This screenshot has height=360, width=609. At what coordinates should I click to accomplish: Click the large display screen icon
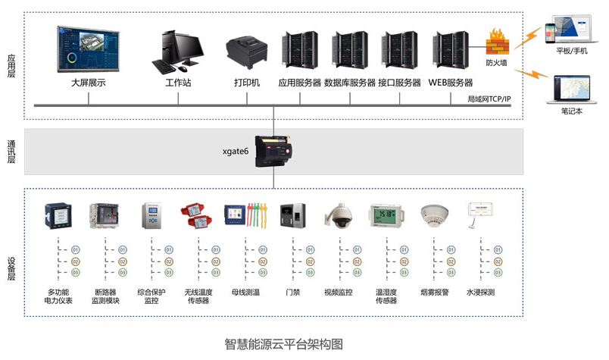tap(88, 49)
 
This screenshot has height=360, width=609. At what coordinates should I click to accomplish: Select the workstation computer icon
tap(178, 52)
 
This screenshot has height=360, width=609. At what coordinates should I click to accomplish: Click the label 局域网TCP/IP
tap(489, 99)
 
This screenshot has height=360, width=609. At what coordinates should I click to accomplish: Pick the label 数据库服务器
tap(350, 83)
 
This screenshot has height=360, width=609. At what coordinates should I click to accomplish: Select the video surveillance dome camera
tap(339, 215)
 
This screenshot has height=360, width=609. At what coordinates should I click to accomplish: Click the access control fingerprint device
tap(293, 215)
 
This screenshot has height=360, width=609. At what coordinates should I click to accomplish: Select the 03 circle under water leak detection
tap(498, 272)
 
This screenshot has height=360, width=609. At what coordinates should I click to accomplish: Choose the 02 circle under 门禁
tap(308, 261)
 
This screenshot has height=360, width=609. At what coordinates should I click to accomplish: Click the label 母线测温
tap(245, 291)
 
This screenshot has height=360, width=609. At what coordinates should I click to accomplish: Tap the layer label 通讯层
tap(11, 152)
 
